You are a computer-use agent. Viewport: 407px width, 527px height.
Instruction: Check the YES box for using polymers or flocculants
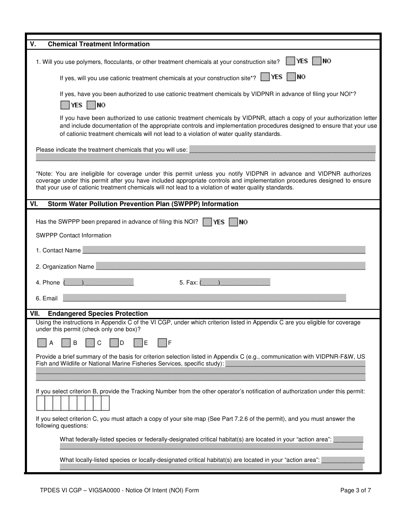pos(290,61)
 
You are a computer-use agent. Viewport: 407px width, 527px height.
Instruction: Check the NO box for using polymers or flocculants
pos(317,61)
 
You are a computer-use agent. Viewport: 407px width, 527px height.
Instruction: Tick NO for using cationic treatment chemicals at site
pos(291,77)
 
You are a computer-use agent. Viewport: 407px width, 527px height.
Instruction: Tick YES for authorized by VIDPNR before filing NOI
pos(65,105)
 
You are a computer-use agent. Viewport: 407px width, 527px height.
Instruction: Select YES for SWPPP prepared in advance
pos(207,222)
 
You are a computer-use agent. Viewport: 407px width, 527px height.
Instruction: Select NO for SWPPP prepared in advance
pos(233,222)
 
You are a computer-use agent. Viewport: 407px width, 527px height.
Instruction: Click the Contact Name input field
pos(224,250)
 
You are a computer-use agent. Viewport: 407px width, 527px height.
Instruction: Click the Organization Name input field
pos(230,266)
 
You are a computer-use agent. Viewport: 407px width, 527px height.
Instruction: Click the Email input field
pos(204,298)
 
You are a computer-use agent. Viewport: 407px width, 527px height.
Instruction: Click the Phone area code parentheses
pos(73,282)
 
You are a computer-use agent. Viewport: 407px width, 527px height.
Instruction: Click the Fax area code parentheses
pos(209,282)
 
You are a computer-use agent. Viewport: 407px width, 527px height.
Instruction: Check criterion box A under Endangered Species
pos(42,343)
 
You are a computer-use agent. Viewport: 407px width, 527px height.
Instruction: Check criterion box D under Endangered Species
pos(114,343)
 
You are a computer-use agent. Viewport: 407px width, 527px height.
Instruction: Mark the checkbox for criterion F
pos(162,343)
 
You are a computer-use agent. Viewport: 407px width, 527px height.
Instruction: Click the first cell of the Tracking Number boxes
pos(40,403)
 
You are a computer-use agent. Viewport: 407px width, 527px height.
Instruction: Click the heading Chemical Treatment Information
pos(99,44)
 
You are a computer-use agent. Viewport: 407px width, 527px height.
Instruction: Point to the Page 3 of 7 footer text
pos(356,491)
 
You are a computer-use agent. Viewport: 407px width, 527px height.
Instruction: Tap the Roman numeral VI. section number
pos(33,204)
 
